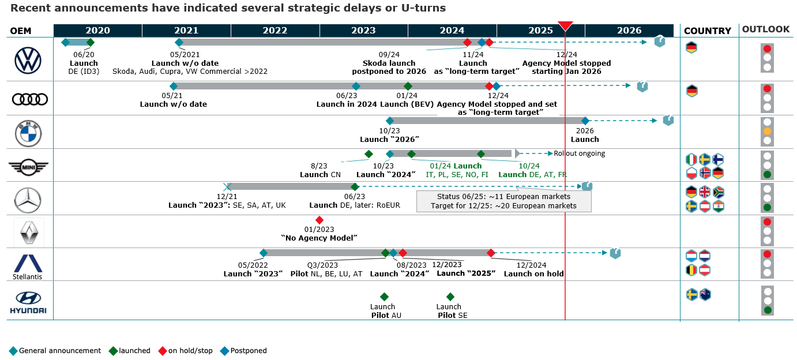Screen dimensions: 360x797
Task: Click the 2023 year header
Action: [x=363, y=31]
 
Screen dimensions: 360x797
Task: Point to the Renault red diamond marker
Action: [x=319, y=220]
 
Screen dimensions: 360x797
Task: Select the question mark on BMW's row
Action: [x=668, y=121]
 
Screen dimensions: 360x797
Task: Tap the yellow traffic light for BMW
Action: [x=767, y=132]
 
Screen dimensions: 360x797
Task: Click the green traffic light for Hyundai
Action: [x=767, y=310]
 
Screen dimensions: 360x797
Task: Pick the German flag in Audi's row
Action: [x=691, y=91]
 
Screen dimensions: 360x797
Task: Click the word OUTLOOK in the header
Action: [x=765, y=29]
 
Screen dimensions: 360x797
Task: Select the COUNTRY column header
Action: [x=707, y=31]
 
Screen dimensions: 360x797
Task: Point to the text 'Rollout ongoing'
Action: [x=579, y=153]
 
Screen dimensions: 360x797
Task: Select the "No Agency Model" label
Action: [x=319, y=238]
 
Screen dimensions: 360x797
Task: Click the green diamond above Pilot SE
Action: [x=450, y=297]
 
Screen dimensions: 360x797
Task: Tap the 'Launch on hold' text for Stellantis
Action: [x=533, y=273]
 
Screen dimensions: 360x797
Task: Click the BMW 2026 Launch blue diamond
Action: [x=585, y=121]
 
